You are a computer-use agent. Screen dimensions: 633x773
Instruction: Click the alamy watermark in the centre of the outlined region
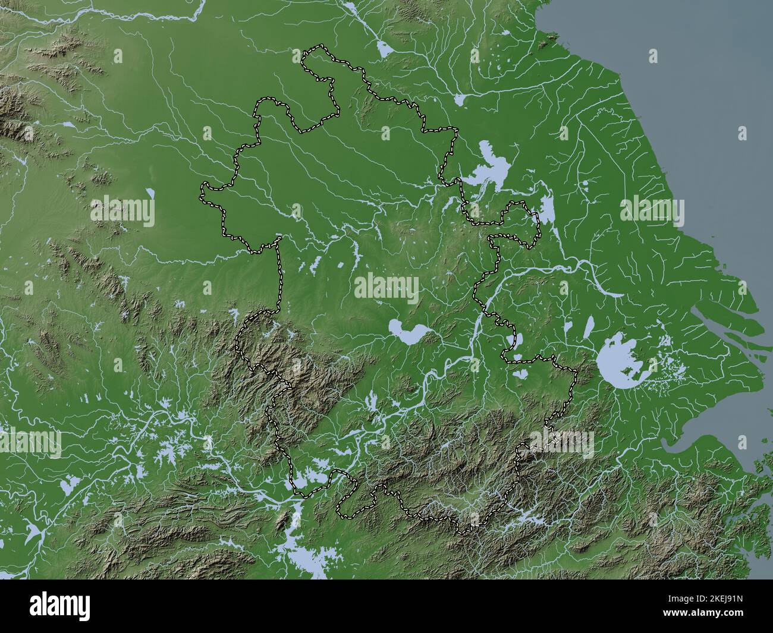click(386, 288)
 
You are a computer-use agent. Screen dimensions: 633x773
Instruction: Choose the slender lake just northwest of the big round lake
click(589, 327)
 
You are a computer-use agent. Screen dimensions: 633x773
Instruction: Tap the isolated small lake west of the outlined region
click(150, 193)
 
